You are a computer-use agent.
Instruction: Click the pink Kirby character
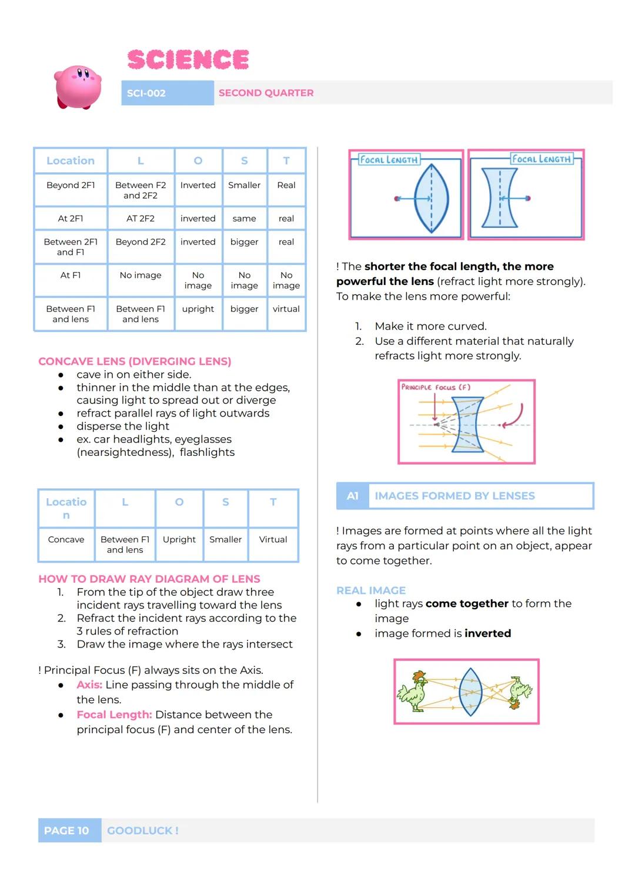tap(78, 87)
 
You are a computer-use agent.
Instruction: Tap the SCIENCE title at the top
tap(188, 59)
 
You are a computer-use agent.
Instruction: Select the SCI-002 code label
tap(146, 93)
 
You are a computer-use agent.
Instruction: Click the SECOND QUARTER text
tap(266, 93)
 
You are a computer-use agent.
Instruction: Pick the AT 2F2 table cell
tap(141, 219)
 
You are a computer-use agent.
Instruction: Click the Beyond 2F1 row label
tap(71, 185)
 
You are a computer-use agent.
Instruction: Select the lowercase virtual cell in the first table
tap(286, 309)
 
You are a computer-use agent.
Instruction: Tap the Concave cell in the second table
tap(66, 539)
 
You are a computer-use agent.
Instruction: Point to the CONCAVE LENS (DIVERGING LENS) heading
tap(135, 361)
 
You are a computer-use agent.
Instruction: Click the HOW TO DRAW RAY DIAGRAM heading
tap(149, 579)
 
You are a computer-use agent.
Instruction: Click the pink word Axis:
tap(89, 684)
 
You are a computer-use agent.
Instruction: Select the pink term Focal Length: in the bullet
tap(114, 714)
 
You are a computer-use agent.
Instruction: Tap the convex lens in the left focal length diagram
tap(432, 198)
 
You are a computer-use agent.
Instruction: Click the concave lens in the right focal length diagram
tap(499, 198)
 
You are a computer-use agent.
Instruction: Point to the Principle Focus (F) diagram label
tap(436, 387)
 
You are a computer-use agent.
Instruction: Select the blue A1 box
tap(352, 496)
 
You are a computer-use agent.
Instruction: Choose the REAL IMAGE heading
tap(371, 590)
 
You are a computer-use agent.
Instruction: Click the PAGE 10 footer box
tap(66, 830)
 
